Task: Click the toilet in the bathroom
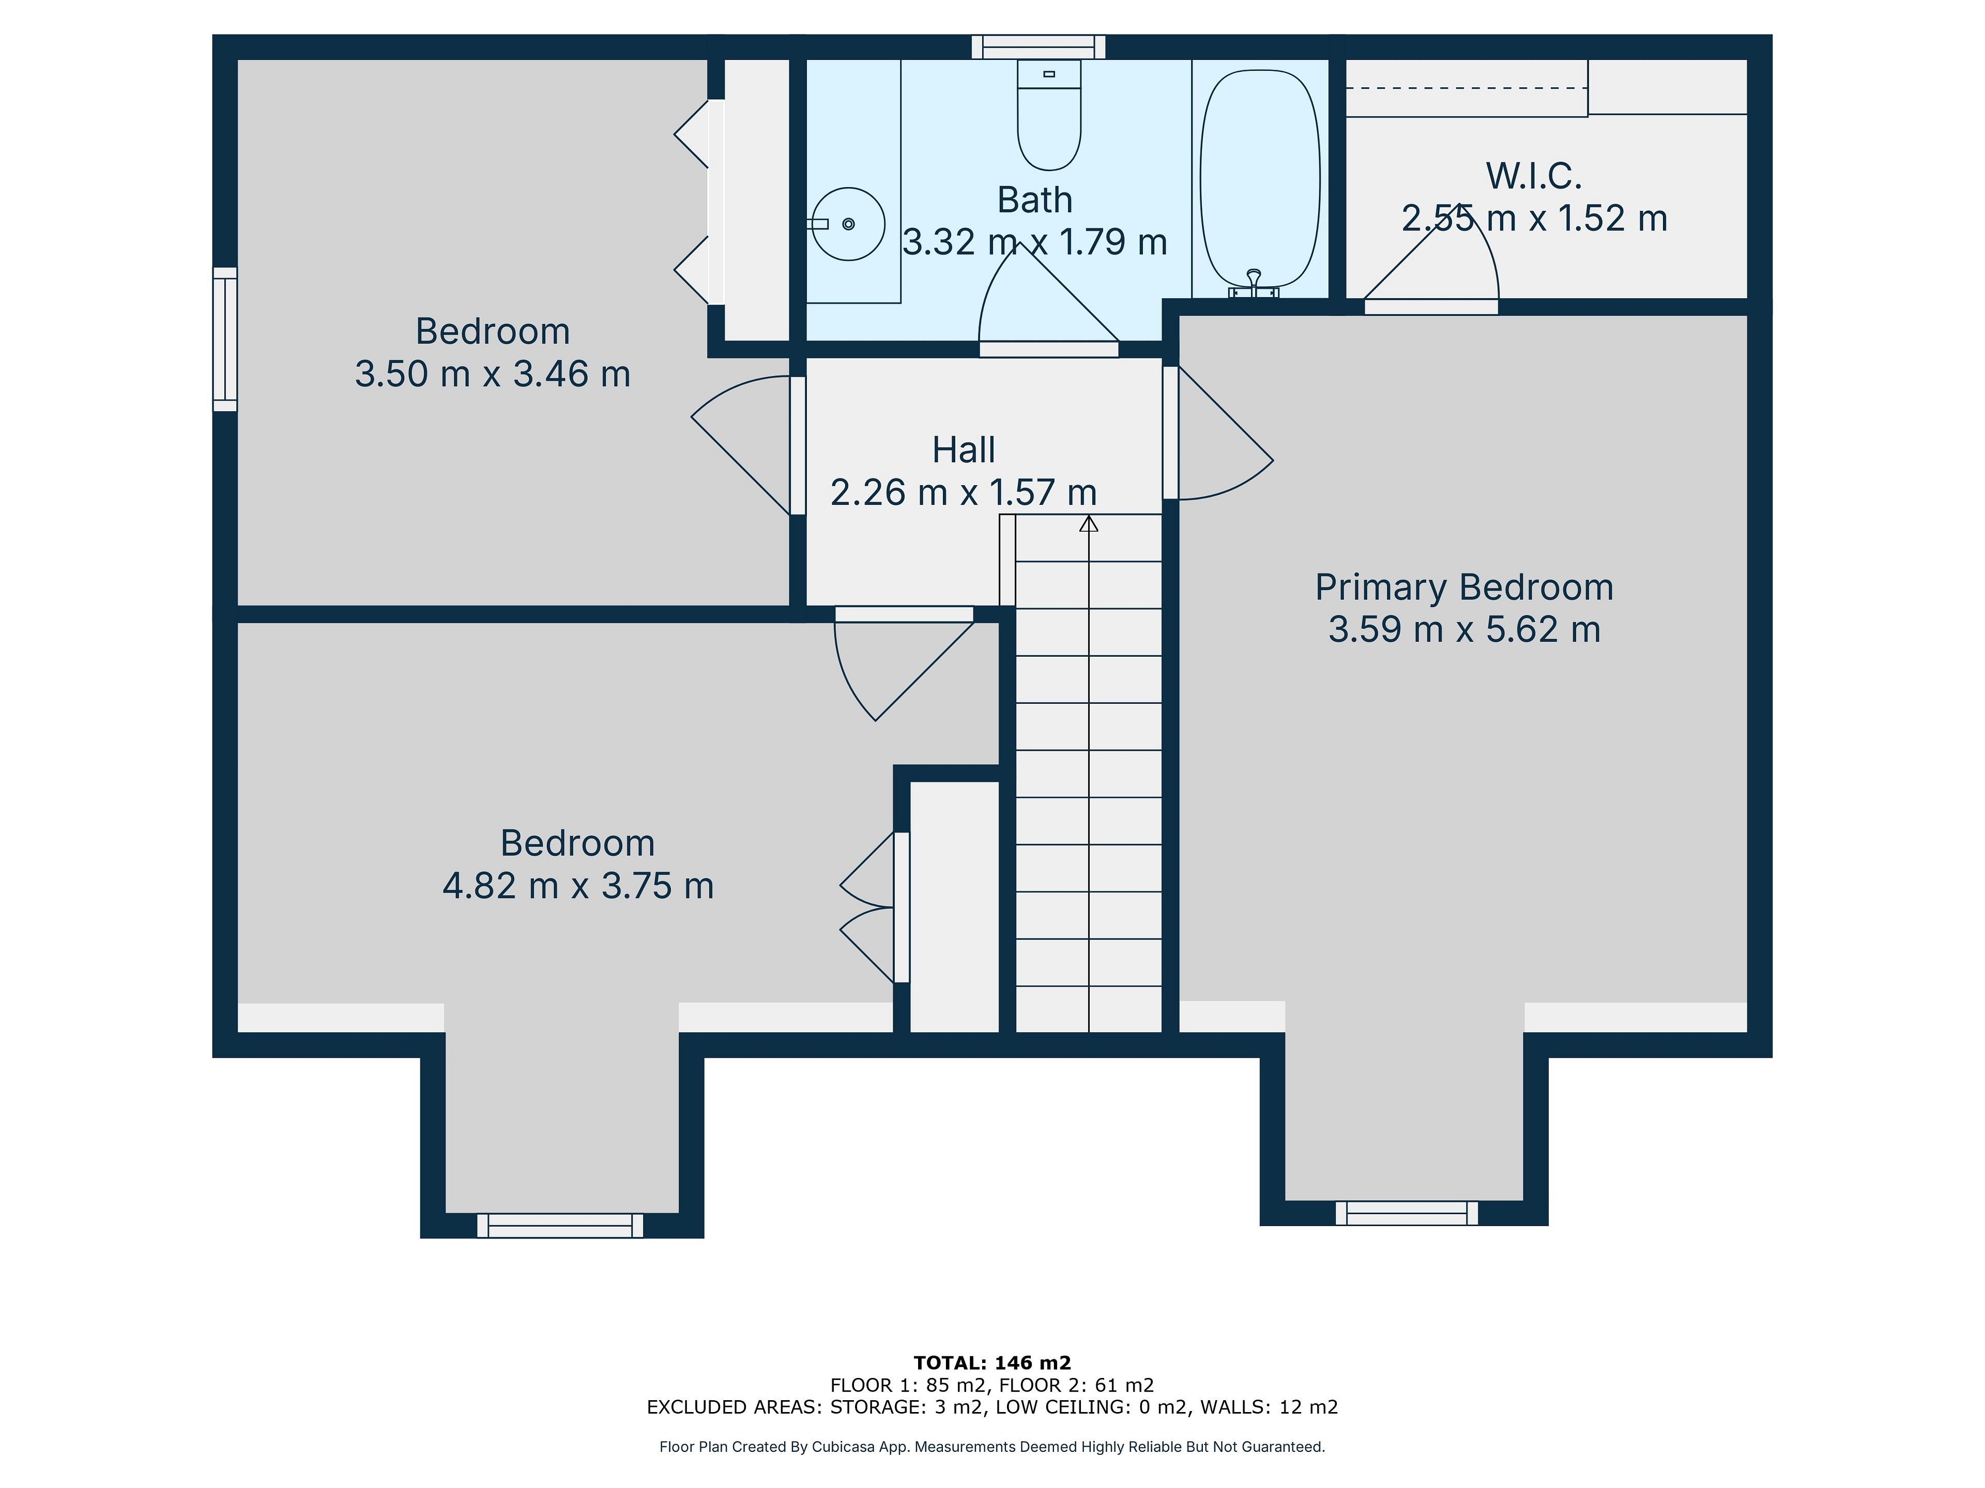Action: click(1048, 115)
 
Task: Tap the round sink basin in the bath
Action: click(848, 224)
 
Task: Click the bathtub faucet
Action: click(1254, 284)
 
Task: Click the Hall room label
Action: click(964, 450)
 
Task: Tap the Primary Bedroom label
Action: click(1464, 587)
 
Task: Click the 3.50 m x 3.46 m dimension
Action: click(493, 374)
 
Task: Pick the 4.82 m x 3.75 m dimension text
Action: click(578, 886)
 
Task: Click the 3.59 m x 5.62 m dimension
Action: click(1464, 630)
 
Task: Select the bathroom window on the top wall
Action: click(1039, 47)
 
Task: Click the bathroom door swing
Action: click(1049, 296)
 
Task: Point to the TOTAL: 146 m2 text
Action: click(993, 1363)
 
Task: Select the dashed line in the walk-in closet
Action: click(1467, 88)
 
